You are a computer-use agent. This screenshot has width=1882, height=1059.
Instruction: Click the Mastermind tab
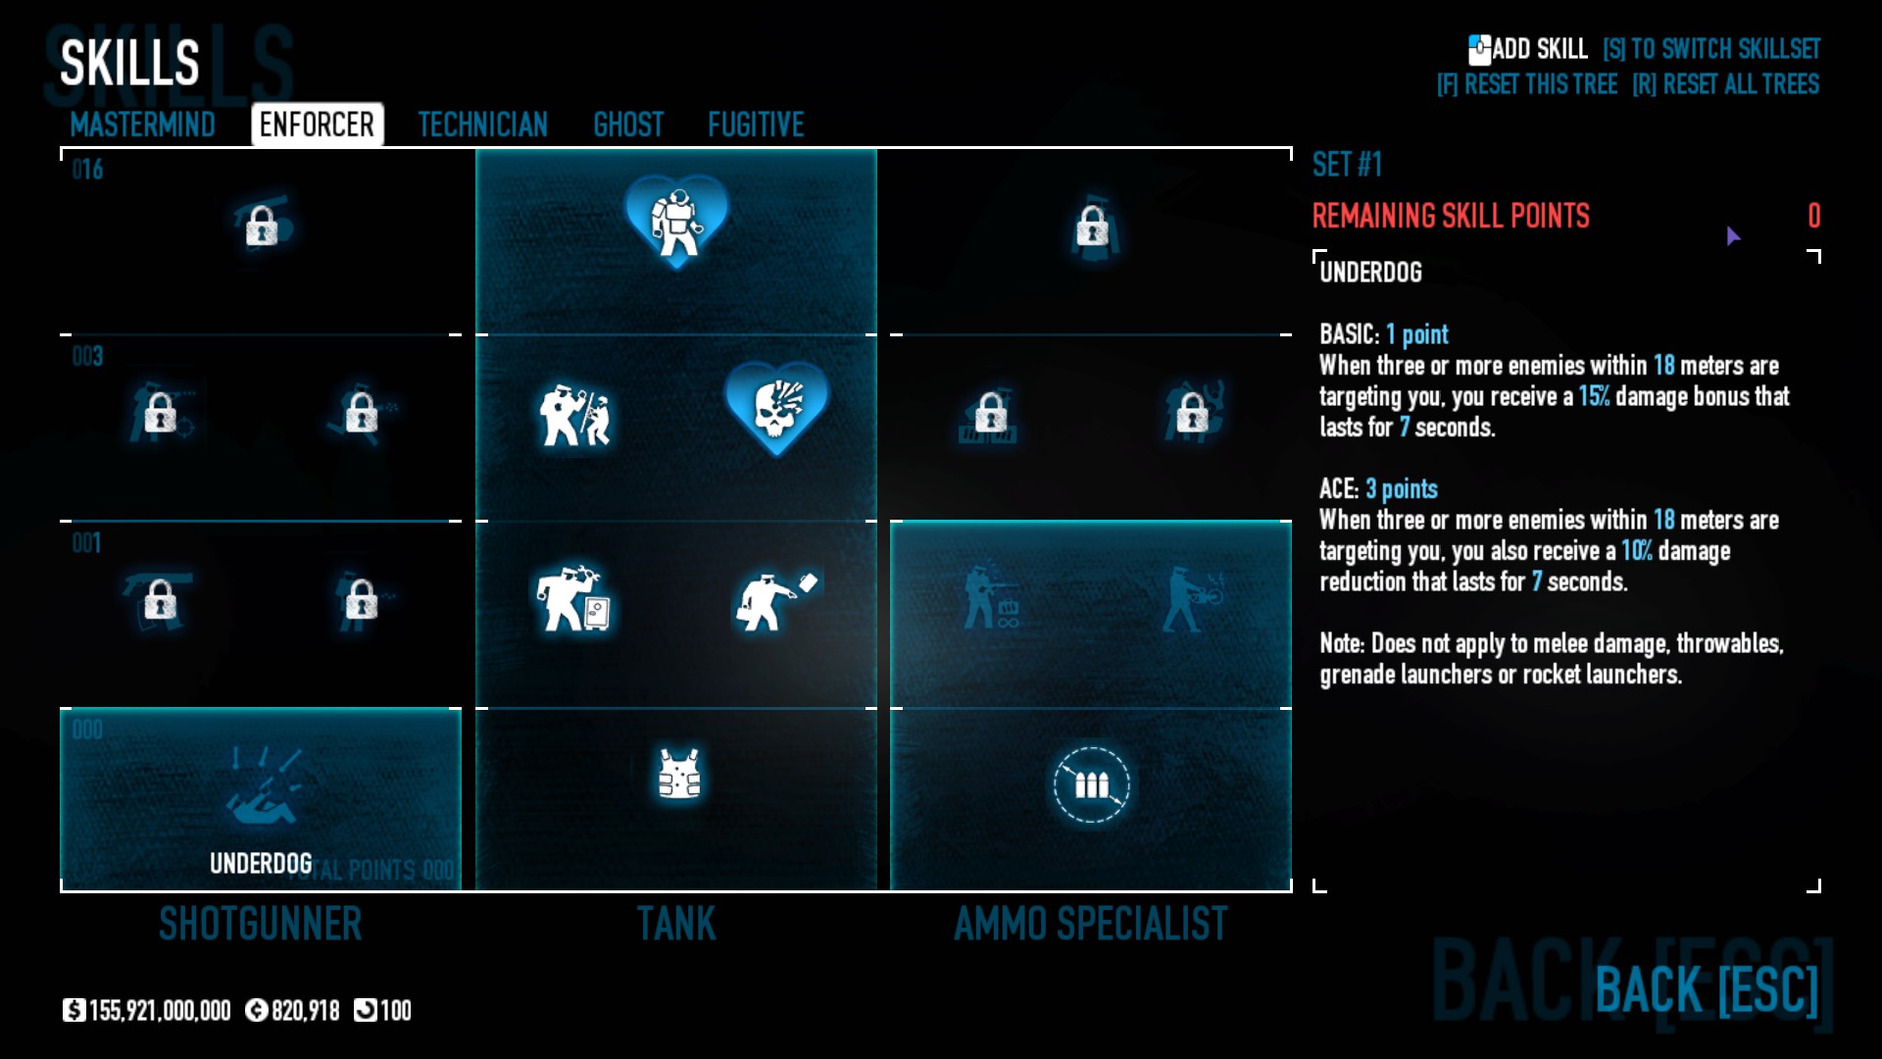[142, 125]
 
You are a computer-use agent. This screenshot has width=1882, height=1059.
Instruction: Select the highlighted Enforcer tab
[317, 125]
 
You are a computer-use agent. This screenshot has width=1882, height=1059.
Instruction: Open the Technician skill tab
[482, 125]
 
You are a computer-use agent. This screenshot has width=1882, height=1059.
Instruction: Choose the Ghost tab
[628, 125]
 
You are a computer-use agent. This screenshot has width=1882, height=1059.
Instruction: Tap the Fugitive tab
[756, 125]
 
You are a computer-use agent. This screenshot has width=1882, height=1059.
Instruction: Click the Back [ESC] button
[1707, 989]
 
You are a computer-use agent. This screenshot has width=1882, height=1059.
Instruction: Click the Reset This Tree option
[1527, 84]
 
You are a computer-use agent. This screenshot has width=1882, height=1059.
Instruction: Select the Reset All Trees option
[1725, 84]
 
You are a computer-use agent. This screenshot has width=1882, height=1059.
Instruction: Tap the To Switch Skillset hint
[1711, 49]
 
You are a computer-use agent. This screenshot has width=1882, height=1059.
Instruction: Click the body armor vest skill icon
[679, 775]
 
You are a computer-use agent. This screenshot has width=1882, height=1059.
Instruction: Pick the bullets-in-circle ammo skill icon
[1091, 784]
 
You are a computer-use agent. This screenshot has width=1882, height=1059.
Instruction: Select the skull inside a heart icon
[777, 407]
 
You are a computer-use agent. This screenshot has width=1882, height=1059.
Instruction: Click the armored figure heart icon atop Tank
[676, 221]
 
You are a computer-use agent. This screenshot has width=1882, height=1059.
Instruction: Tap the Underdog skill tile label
[261, 863]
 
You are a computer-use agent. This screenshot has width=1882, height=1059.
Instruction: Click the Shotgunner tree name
[261, 924]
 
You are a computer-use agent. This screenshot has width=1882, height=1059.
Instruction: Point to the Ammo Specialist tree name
[1091, 924]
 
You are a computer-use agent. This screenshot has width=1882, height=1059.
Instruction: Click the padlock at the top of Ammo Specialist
[1092, 227]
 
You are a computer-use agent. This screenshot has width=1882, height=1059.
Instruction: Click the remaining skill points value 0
[1813, 216]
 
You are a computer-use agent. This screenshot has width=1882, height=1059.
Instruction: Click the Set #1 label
[1347, 165]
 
